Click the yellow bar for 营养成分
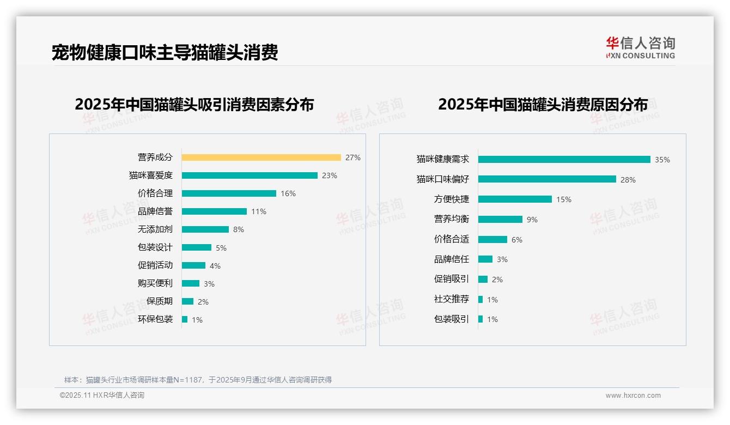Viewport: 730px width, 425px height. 261,157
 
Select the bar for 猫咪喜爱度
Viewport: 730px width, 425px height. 250,175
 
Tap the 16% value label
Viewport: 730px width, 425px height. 288,193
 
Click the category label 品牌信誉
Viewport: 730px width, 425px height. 155,211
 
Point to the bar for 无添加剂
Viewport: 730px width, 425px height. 205,229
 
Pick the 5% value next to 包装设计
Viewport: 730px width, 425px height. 221,248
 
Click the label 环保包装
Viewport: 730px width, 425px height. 155,319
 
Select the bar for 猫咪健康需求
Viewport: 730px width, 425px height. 564,160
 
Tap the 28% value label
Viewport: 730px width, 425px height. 628,180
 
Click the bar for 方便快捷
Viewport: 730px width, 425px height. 515,199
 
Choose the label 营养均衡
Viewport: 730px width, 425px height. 452,219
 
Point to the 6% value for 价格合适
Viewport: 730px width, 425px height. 517,240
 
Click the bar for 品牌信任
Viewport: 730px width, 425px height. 485,259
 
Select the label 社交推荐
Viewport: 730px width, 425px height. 452,299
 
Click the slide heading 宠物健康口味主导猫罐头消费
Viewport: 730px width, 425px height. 165,52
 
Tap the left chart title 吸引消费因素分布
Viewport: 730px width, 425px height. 194,104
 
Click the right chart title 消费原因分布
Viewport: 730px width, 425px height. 543,104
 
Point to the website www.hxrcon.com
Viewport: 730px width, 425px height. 633,396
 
